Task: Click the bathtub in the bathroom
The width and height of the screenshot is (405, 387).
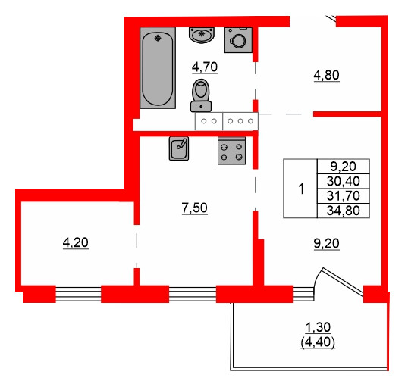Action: click(x=158, y=68)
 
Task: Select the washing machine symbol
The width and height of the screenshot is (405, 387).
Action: click(x=240, y=39)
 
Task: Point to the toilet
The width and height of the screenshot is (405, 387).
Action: click(x=201, y=94)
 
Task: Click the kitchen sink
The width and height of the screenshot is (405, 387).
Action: click(x=180, y=148)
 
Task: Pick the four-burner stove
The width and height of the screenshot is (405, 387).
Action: click(x=232, y=151)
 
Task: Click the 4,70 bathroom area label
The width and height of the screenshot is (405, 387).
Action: click(x=205, y=67)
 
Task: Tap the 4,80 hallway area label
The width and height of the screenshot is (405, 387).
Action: click(x=327, y=74)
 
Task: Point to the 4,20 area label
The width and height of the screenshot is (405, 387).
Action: click(x=75, y=242)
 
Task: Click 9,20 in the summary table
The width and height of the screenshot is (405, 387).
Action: click(x=343, y=167)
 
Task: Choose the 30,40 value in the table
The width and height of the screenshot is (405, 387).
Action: click(x=343, y=181)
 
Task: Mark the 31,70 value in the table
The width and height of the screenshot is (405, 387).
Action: click(x=343, y=195)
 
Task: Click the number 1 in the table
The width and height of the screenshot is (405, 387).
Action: click(x=301, y=189)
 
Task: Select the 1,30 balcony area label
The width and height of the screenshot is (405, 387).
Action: click(x=319, y=327)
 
